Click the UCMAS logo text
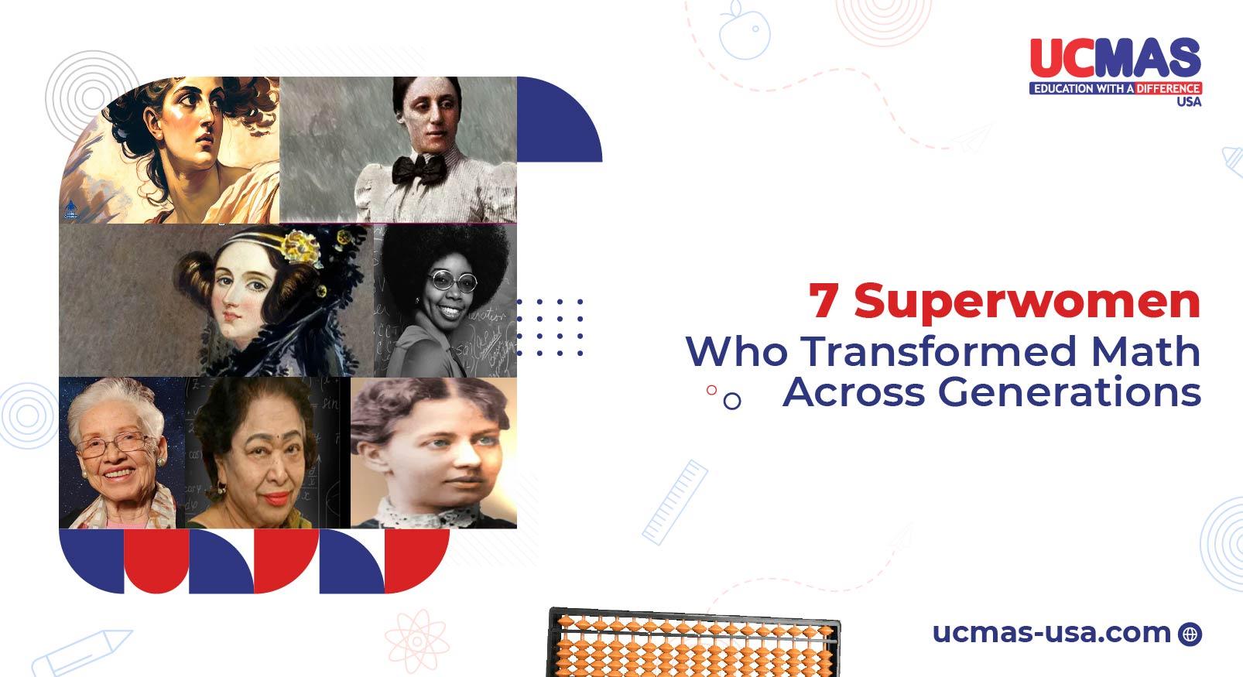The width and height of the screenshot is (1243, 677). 1115,58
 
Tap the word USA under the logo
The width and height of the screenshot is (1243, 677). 1189,101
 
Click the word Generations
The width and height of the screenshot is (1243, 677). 1070,391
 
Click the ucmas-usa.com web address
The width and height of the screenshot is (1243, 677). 1052,633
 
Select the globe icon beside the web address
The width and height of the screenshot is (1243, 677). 1190,634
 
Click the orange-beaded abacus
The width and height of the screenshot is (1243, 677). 693,644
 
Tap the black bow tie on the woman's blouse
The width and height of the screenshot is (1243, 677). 419,169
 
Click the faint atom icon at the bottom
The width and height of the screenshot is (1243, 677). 417,641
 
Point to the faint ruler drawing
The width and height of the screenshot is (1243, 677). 675,503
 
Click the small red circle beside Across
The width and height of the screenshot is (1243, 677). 711,390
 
